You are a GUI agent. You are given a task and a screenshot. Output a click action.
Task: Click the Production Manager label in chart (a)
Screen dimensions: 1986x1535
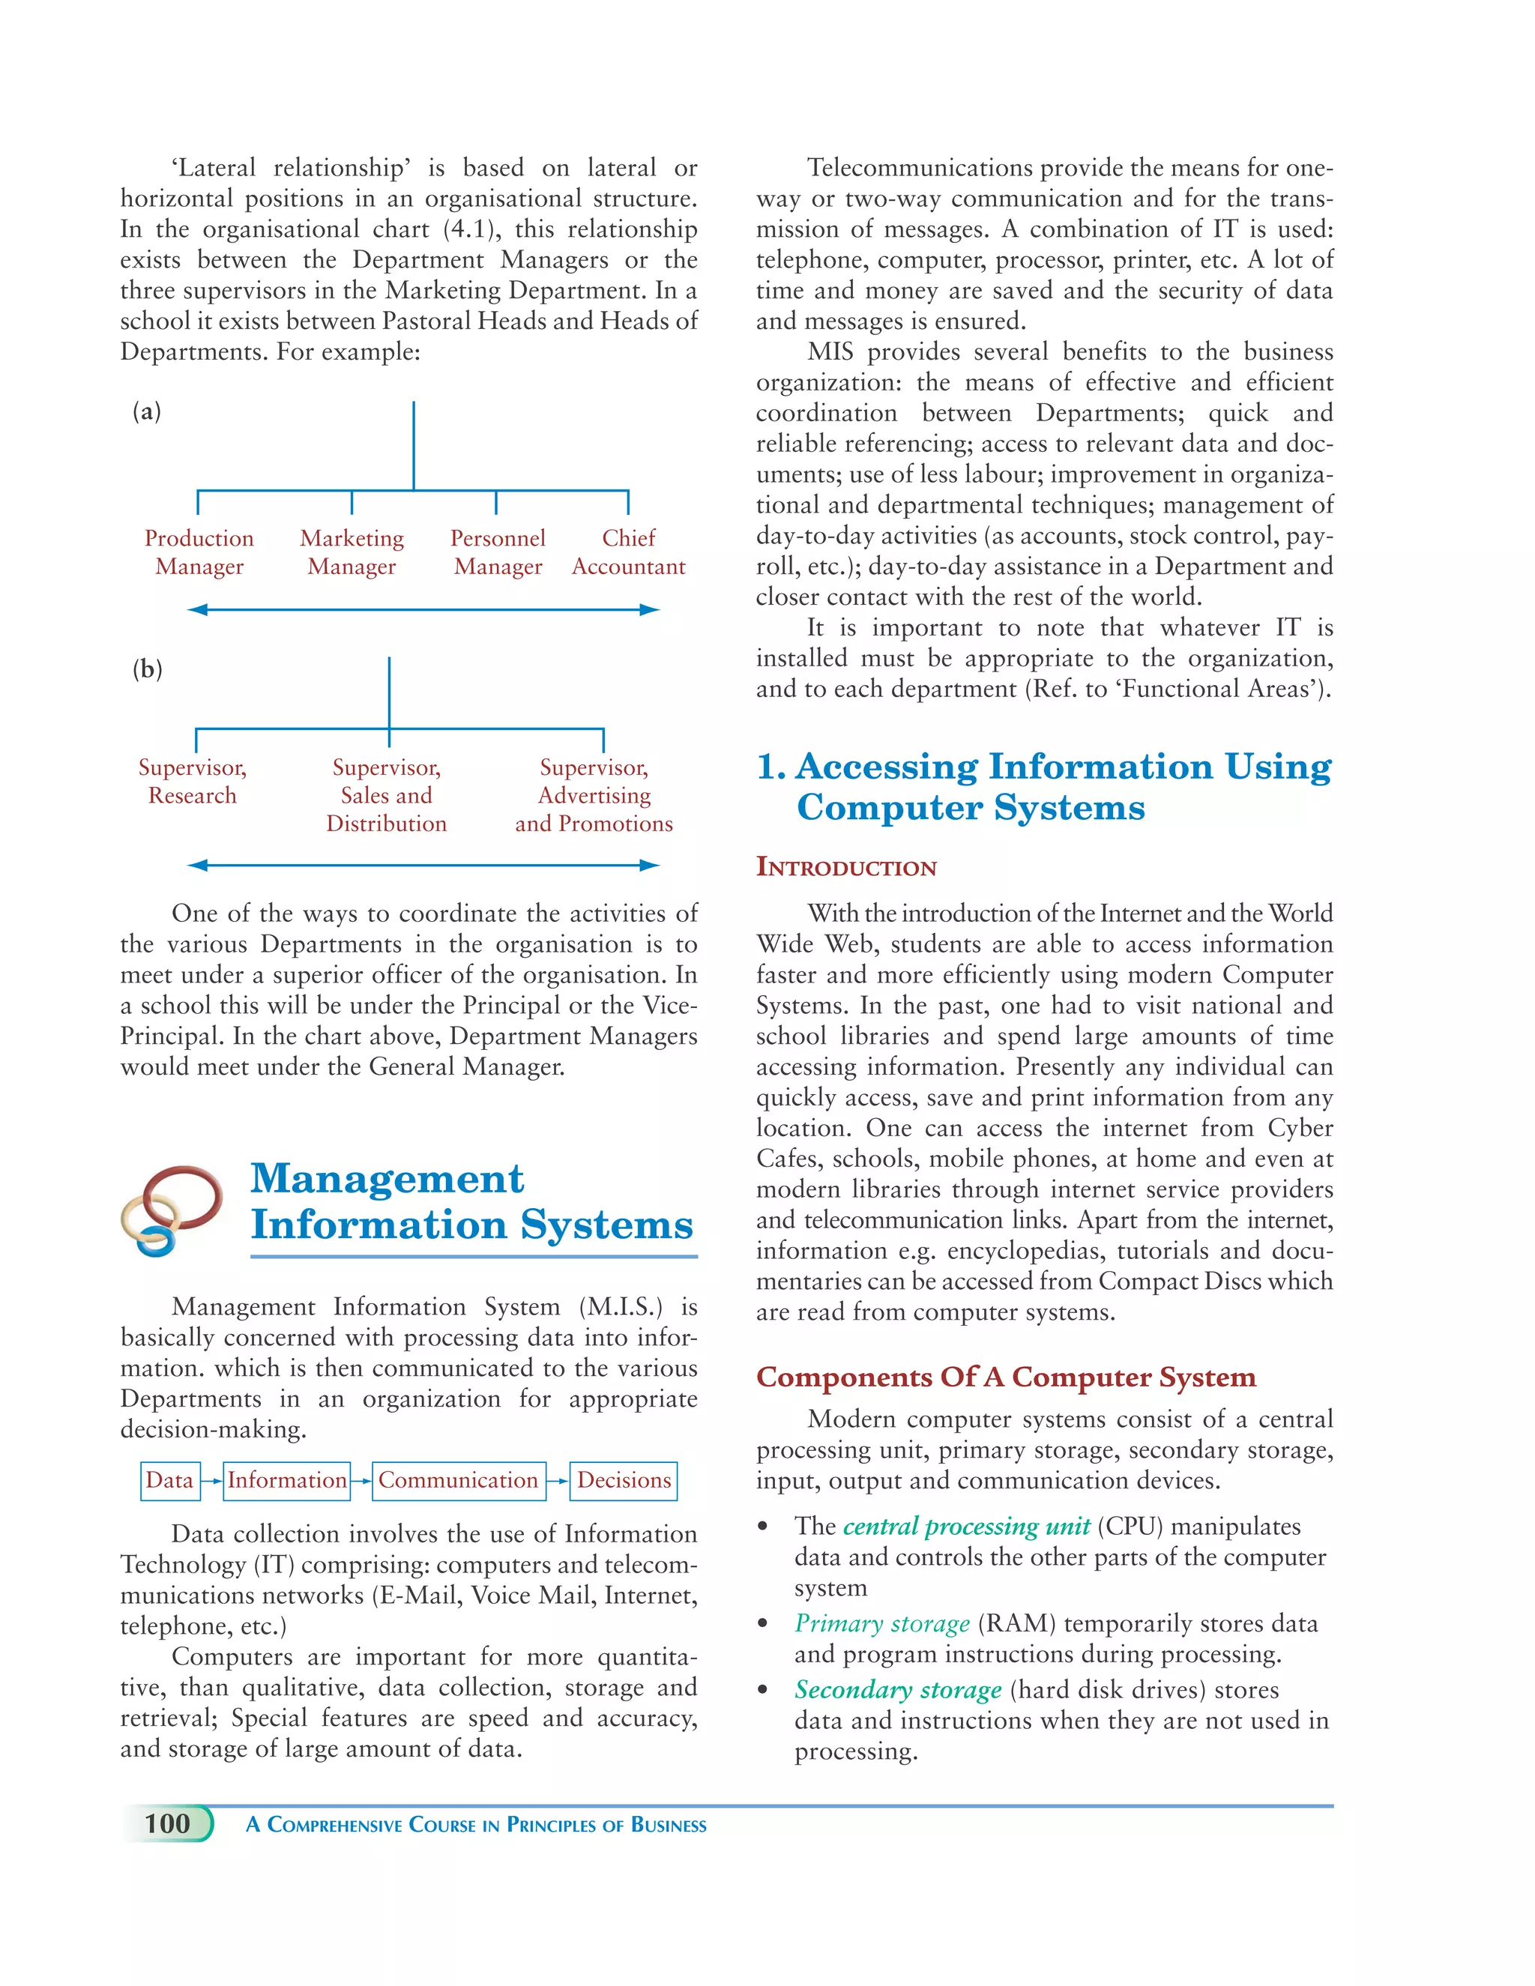pos(199,552)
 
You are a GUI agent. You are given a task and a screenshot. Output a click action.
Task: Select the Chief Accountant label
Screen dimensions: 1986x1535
pos(628,552)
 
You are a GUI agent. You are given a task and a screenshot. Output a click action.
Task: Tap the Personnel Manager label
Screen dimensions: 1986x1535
pos(498,552)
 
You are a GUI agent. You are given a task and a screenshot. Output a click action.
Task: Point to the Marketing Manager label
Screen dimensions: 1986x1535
pos(352,552)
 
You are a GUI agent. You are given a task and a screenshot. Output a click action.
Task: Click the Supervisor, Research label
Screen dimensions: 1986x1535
pos(192,781)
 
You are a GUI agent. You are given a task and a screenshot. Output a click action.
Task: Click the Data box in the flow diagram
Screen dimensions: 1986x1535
pos(169,1480)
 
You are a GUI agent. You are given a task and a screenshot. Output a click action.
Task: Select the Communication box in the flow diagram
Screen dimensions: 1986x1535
pos(458,1480)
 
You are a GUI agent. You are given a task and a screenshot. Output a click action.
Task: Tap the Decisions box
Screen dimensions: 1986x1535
pos(624,1480)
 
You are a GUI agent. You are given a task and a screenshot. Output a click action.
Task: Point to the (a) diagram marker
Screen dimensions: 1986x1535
pos(146,412)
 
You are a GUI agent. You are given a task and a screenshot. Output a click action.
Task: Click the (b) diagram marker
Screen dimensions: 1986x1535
pos(146,670)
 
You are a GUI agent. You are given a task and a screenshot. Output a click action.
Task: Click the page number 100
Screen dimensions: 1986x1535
pos(167,1823)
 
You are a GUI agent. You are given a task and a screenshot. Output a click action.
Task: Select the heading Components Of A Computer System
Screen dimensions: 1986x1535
pos(1006,1377)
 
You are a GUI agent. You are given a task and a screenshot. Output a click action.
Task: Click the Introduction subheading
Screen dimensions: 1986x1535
pos(845,866)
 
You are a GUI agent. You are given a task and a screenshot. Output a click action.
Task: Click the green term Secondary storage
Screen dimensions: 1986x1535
pos(897,1689)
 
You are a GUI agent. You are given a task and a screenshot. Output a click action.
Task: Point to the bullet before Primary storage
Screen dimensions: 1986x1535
pos(764,1624)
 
